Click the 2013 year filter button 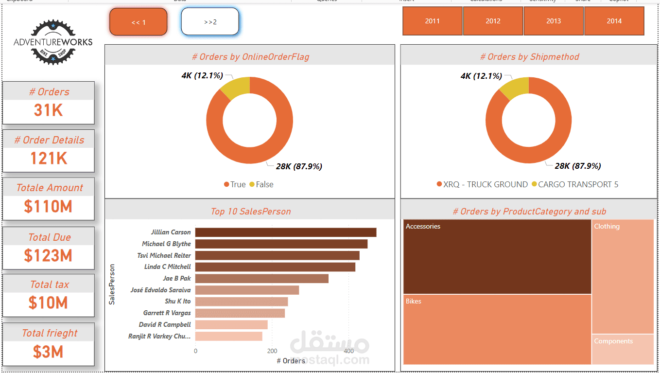pos(554,21)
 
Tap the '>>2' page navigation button pos(210,22)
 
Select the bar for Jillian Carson pos(286,232)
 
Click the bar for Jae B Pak pos(261,279)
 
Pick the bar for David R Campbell pos(231,324)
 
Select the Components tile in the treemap pos(623,349)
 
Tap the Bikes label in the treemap pos(414,302)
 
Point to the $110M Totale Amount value pos(48,207)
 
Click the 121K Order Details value pos(48,159)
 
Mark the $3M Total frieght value pos(48,352)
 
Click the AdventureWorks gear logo pos(53,43)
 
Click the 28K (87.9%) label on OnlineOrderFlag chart pos(299,166)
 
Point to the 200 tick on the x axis pos(272,351)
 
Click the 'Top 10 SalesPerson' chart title pos(250,212)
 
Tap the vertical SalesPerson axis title pos(112,285)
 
